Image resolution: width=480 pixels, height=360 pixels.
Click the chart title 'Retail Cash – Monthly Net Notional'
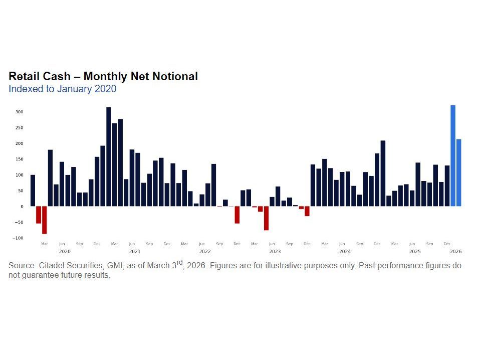pyautogui.click(x=103, y=77)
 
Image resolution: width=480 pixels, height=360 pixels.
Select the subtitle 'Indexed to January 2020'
pyautogui.click(x=62, y=89)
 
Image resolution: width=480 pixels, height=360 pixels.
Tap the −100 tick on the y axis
pyautogui.click(x=18, y=238)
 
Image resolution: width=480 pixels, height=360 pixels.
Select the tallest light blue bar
pyautogui.click(x=453, y=155)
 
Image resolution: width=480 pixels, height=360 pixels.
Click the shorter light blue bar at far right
pyautogui.click(x=459, y=172)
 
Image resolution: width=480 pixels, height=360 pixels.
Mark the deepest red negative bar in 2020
pyautogui.click(x=44, y=220)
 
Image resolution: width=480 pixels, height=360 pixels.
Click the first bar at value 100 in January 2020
pyautogui.click(x=33, y=191)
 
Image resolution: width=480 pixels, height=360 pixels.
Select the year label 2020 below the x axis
pyautogui.click(x=65, y=251)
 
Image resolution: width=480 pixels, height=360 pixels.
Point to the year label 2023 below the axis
pyautogui.click(x=275, y=251)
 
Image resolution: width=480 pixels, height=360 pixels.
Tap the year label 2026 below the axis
pyautogui.click(x=455, y=251)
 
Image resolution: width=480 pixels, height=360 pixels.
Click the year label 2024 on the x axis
pyautogui.click(x=345, y=251)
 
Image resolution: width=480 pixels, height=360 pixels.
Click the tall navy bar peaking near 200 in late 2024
pyautogui.click(x=383, y=173)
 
